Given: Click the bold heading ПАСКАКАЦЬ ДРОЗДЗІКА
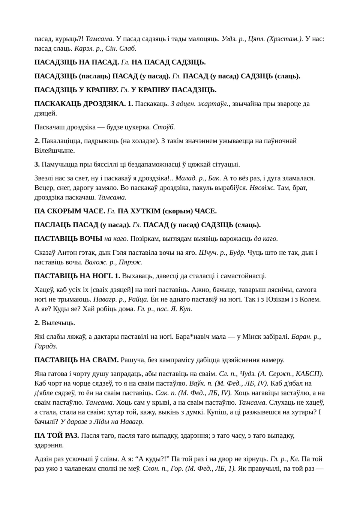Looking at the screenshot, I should pyautogui.click(x=80, y=104).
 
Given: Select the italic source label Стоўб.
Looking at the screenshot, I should pyautogui.click(x=164, y=127).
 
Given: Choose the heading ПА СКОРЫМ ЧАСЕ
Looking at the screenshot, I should pyautogui.click(x=70, y=211).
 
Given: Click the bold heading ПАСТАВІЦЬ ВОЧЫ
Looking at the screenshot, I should pyautogui.click(x=68, y=239).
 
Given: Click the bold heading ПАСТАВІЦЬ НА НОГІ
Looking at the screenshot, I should pyautogui.click(x=73, y=276).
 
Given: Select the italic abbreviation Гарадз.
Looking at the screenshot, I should pyautogui.click(x=45, y=346).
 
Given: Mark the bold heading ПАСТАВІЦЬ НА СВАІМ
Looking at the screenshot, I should pyautogui.click(x=76, y=360).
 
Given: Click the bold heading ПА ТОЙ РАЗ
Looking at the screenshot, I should pyautogui.click(x=57, y=435).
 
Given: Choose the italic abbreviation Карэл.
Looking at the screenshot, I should pyautogui.click(x=84, y=48).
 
